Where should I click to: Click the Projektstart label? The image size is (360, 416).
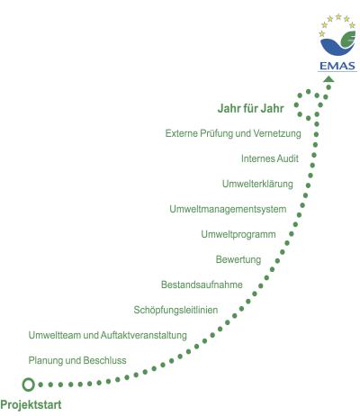(31, 405)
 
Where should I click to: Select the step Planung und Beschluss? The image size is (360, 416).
(77, 360)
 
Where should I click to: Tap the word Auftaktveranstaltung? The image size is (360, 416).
(144, 335)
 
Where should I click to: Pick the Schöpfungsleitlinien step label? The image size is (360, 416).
(175, 310)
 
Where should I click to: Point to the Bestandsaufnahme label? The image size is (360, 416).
(202, 285)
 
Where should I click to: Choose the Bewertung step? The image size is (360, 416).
(238, 259)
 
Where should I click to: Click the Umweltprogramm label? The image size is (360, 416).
(238, 234)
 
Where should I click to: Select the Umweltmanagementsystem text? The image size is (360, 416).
(228, 209)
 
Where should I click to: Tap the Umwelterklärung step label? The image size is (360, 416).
(257, 184)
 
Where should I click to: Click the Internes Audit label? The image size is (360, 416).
(270, 158)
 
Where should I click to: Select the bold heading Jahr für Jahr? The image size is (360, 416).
(251, 108)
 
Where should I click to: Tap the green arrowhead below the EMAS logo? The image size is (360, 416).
(329, 79)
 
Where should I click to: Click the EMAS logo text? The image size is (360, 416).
(337, 66)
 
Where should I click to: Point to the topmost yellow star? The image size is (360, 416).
(338, 16)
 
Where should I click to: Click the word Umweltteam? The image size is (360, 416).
(55, 335)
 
